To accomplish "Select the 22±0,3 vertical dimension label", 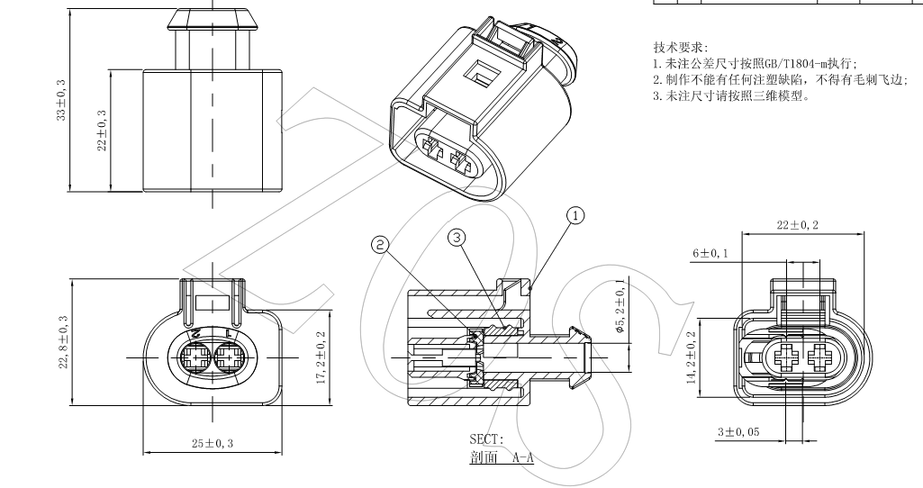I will [102, 130].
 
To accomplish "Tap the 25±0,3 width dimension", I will [213, 443].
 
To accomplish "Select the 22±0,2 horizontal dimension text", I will [798, 224].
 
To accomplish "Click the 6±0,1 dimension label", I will [711, 255].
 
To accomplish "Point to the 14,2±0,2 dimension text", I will [692, 357].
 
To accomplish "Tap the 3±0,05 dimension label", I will [737, 432].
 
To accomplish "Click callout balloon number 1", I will [575, 214].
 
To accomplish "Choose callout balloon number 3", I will [457, 238].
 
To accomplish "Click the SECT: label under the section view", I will [487, 439].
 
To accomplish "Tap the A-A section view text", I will [522, 457].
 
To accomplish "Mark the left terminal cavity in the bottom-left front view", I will [195, 357].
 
